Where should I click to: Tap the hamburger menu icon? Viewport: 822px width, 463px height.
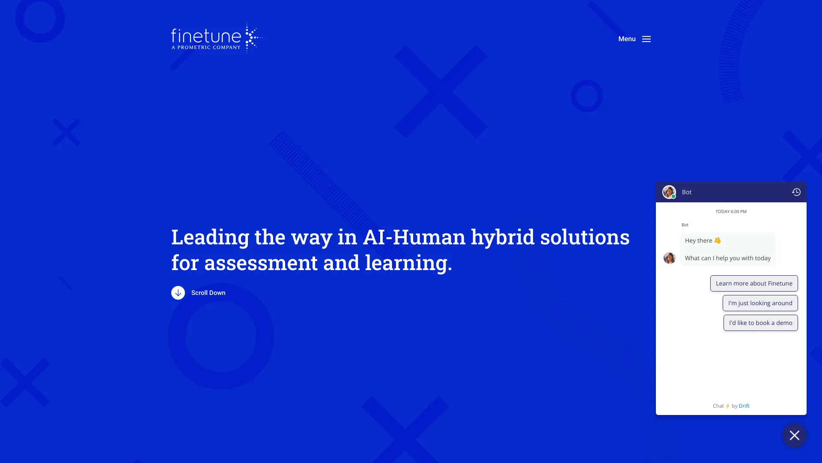[x=646, y=39]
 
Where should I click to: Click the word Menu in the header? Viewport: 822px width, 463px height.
[x=627, y=39]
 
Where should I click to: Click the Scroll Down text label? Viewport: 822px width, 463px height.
[x=208, y=293]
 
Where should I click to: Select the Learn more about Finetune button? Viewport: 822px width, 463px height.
[x=754, y=283]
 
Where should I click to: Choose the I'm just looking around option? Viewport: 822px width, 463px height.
[x=760, y=303]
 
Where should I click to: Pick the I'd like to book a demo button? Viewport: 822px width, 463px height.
[x=761, y=323]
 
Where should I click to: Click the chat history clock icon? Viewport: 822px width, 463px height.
[x=796, y=192]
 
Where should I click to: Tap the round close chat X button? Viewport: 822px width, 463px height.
[x=795, y=436]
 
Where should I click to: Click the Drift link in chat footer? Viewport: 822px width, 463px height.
[x=744, y=406]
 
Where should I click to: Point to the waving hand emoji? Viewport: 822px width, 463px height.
[x=718, y=241]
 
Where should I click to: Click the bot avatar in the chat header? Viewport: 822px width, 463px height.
[x=669, y=192]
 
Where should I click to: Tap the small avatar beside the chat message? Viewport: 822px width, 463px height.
[x=670, y=258]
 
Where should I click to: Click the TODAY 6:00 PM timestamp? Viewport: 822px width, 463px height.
[x=731, y=212]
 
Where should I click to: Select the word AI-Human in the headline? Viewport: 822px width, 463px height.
[x=414, y=237]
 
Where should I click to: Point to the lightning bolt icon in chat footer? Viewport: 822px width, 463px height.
[x=728, y=406]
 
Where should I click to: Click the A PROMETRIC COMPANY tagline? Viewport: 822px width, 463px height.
[x=206, y=48]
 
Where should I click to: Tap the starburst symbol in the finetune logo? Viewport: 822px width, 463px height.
[x=253, y=38]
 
